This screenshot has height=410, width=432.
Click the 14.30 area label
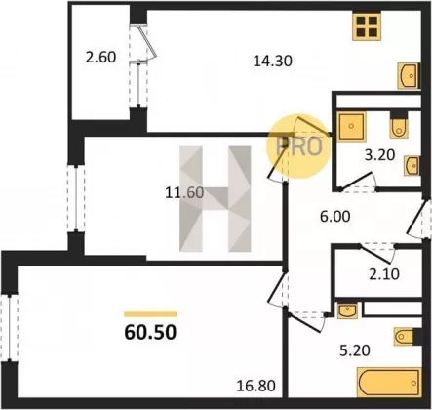(272, 61)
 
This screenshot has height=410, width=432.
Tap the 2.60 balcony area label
(100, 58)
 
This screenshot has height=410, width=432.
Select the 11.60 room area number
(184, 192)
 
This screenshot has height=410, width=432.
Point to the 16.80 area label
(256, 386)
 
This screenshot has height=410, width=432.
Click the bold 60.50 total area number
(150, 332)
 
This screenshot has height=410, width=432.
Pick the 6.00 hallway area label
(335, 217)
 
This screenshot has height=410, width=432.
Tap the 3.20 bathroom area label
(379, 155)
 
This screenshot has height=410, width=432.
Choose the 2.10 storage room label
(384, 274)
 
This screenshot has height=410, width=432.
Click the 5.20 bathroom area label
(355, 350)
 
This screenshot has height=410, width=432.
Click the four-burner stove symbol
(367, 26)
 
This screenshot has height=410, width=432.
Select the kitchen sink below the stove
(409, 76)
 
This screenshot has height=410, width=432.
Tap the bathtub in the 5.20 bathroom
(389, 383)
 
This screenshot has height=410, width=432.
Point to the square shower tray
(352, 126)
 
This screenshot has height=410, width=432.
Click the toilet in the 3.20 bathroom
(399, 128)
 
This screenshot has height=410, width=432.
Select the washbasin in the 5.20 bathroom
(347, 310)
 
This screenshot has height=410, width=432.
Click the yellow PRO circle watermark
(298, 146)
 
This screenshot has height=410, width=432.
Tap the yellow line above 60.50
(150, 314)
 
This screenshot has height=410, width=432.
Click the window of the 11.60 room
(76, 198)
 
